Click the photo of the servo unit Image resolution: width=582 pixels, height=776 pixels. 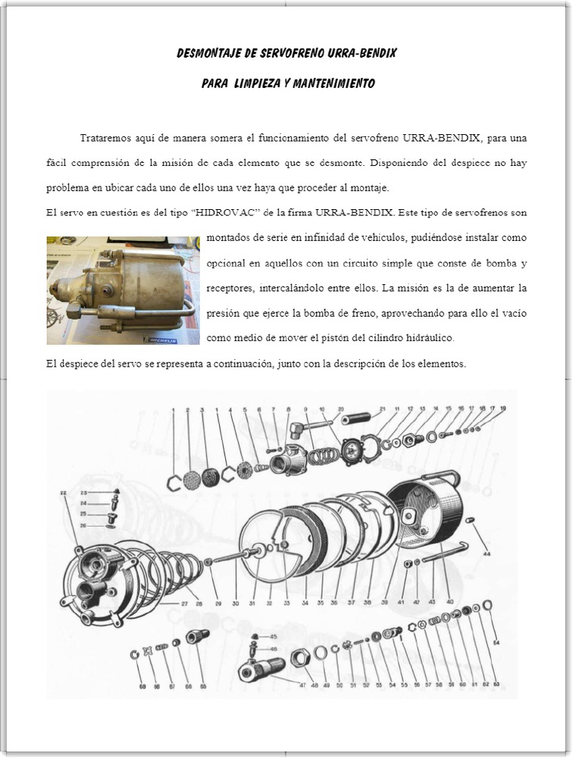123,290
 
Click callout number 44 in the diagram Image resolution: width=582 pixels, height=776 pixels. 487,554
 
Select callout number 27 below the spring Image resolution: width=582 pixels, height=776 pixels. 184,603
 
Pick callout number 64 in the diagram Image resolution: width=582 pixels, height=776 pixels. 496,643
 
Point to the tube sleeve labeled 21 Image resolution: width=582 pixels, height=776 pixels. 355,418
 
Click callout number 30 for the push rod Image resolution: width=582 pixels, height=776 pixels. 236,603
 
